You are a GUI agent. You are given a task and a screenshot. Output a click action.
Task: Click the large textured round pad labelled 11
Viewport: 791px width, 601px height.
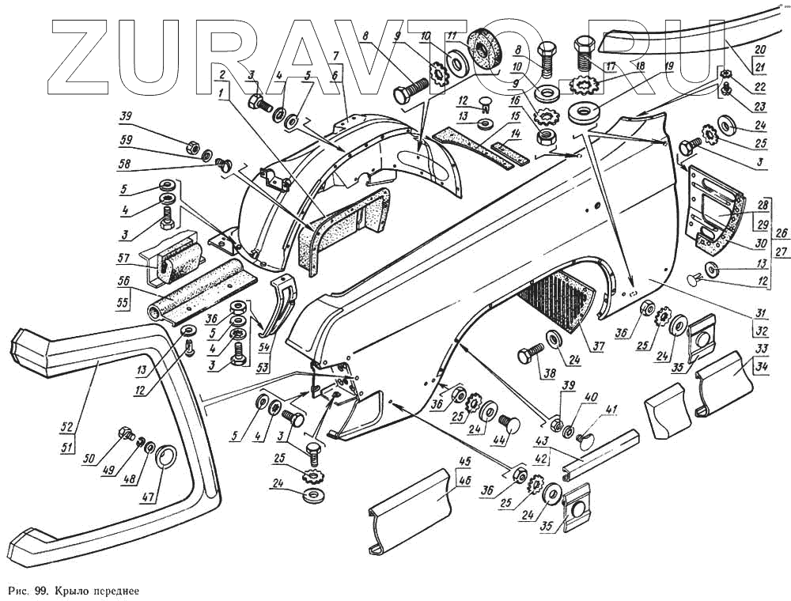point(479,52)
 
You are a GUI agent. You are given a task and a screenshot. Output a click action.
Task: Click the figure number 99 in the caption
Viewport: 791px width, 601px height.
point(36,590)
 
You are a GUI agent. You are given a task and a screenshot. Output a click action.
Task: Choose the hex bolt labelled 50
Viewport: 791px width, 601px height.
point(124,434)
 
